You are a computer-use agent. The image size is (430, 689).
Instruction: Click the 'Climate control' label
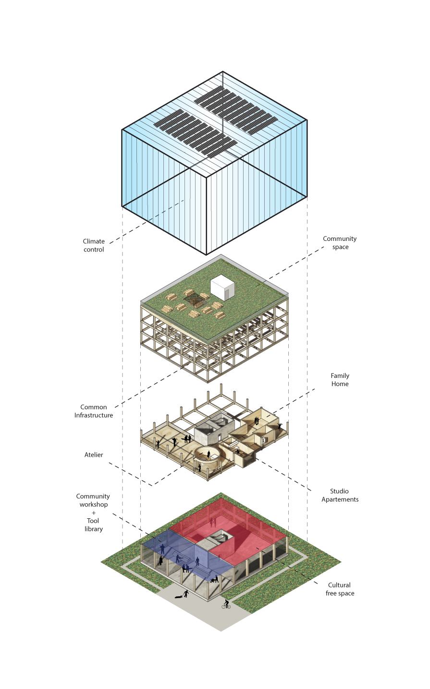tap(93, 245)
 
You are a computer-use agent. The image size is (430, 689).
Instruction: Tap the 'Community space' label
tap(340, 243)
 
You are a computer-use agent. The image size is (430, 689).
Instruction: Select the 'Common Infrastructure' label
tap(94, 411)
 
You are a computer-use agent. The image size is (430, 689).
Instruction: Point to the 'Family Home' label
tap(340, 380)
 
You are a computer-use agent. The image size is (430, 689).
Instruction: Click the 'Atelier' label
tap(94, 455)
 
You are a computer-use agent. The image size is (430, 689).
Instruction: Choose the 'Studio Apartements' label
tap(340, 495)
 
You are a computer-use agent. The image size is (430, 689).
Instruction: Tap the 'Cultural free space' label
tap(340, 589)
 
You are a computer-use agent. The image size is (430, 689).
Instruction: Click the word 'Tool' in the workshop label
tap(93, 521)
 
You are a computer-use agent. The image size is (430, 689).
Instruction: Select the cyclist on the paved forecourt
tap(226, 604)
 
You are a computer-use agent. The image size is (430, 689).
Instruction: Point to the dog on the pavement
tap(178, 597)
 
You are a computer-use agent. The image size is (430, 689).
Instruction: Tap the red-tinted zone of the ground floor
tap(240, 529)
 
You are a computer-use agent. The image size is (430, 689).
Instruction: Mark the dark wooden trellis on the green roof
tap(196, 298)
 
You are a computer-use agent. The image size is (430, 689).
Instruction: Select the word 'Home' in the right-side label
tap(340, 384)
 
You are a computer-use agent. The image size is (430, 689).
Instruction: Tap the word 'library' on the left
tap(93, 529)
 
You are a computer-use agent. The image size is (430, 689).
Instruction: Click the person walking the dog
tap(186, 594)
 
